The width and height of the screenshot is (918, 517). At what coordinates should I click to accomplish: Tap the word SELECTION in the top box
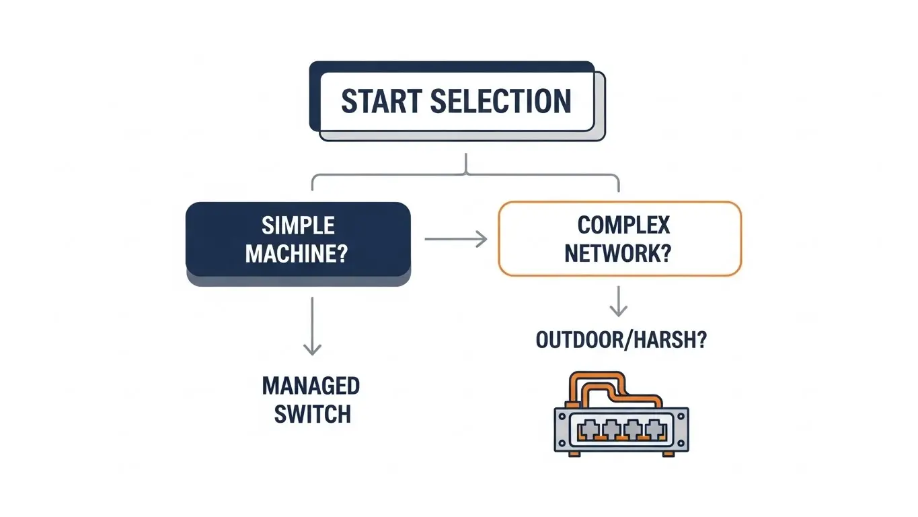pos(501,101)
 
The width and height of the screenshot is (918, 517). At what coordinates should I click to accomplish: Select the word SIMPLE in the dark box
pos(297,225)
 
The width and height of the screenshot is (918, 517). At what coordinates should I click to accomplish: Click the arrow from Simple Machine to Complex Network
pos(455,238)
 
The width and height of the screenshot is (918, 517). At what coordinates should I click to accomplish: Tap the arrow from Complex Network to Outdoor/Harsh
pos(618,301)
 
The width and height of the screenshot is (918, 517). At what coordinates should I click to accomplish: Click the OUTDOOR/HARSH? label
pos(621,340)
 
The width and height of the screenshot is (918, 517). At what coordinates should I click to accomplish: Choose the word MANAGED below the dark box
pos(311,386)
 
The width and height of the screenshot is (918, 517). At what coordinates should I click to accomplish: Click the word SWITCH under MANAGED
pos(312,414)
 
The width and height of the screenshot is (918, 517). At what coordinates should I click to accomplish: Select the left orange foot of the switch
pos(573,454)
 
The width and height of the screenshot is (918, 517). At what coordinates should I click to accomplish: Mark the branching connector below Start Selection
pos(465,172)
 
